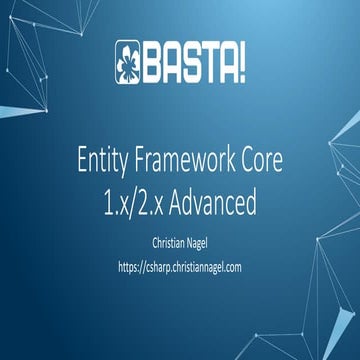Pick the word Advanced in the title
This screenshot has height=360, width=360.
coord(216,203)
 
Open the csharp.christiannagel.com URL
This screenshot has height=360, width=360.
coord(180,267)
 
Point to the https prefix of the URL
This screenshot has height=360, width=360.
coord(129,267)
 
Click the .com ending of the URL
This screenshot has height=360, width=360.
coord(232,267)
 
